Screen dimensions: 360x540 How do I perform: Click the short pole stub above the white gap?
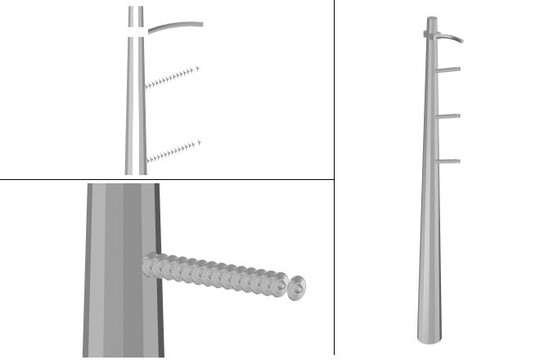[136, 15]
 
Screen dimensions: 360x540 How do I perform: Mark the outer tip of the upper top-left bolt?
[198, 69]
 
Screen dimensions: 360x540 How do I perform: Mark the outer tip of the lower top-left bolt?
[198, 144]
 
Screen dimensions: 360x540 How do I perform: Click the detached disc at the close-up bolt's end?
[299, 287]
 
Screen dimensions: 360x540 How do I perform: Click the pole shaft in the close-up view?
[123, 270]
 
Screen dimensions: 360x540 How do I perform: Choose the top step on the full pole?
[448, 70]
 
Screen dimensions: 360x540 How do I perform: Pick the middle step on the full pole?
[448, 116]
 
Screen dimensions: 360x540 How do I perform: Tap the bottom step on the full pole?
[448, 161]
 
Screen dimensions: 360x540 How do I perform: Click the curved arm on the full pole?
[451, 37]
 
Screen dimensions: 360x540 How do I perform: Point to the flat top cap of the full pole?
[431, 17]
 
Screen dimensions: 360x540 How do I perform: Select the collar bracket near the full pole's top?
[431, 34]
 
